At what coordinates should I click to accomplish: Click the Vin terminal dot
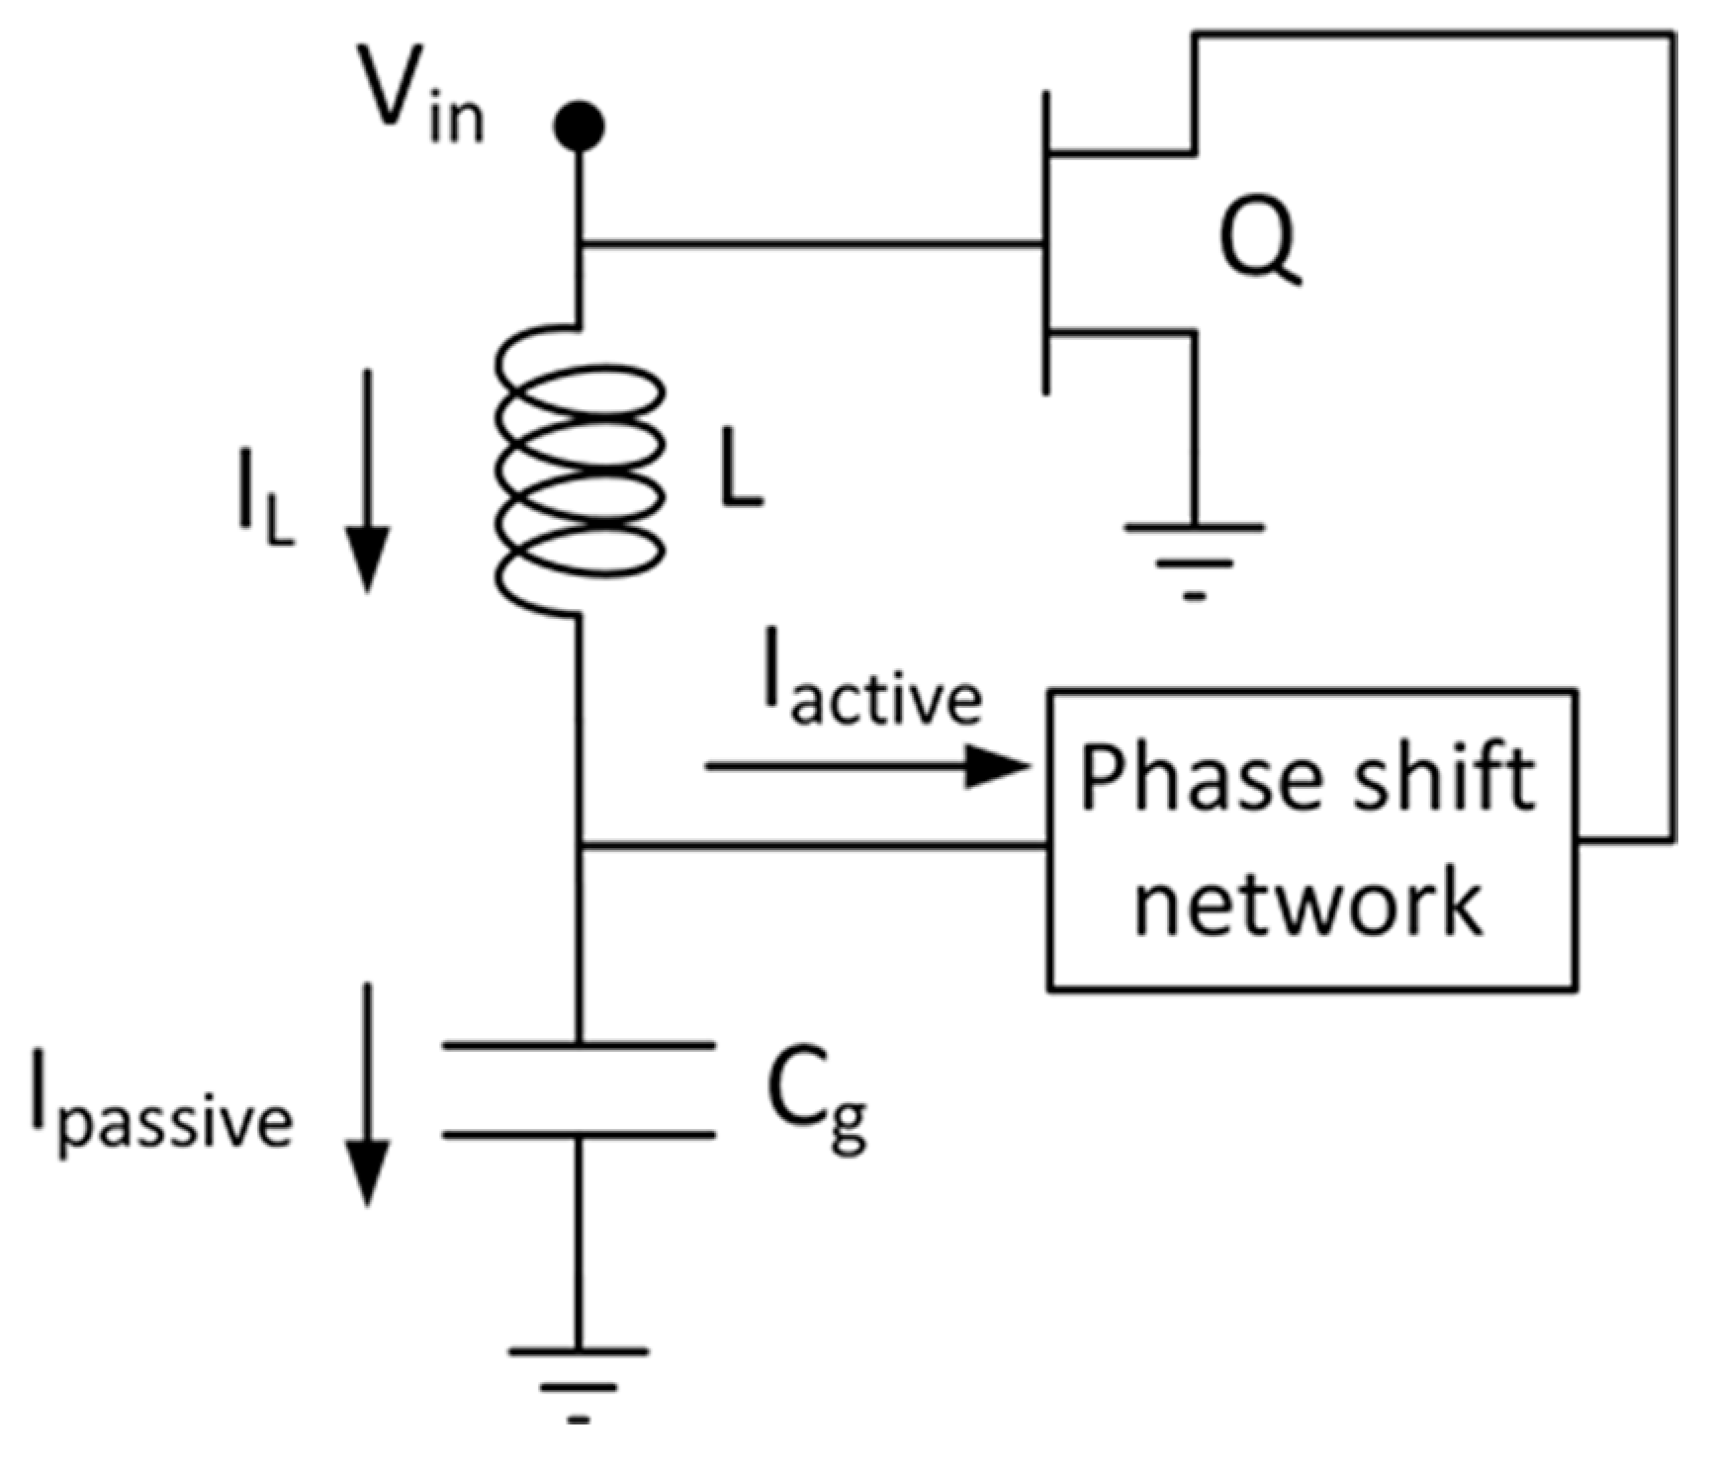click(579, 126)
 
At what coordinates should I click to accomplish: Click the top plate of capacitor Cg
click(579, 1045)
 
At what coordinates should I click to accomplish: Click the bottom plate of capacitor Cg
click(579, 1135)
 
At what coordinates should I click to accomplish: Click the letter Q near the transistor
click(1258, 244)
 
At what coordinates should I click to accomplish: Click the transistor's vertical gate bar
click(1045, 242)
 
